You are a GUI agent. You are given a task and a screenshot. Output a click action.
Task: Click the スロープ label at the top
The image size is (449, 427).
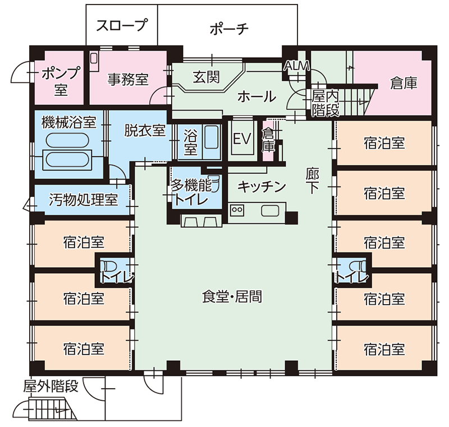pos(121,25)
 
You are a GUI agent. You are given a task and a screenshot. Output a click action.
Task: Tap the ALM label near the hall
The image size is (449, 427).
pos(297,66)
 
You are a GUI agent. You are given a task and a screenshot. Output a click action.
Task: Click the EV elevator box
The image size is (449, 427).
pos(242,139)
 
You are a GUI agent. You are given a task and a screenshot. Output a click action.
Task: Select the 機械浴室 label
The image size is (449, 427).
pos(68,121)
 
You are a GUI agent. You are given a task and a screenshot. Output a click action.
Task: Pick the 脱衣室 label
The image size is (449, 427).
pos(145,130)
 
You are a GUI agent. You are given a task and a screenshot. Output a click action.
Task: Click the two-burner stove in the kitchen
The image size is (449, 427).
pos(237,211)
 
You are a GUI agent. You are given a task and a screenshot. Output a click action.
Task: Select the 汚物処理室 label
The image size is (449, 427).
pos(83,199)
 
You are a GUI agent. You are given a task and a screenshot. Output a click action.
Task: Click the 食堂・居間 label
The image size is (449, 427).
pos(232,297)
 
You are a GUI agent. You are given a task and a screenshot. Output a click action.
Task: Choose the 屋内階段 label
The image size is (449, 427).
pos(326,103)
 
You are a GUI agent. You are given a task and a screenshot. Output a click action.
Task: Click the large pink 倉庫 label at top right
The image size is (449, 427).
pos(404,84)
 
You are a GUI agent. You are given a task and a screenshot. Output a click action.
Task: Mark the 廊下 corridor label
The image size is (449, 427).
pos(312,180)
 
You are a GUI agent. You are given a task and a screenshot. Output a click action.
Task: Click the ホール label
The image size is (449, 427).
pos(256,97)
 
